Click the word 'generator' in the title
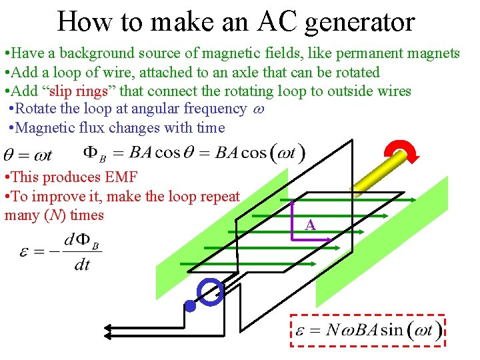click(361, 23)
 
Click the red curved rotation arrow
click(405, 150)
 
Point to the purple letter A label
click(310, 225)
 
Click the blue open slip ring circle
click(211, 292)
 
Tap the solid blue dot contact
click(190, 307)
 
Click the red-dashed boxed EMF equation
click(367, 330)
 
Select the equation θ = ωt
click(28, 155)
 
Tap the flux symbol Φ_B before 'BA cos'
click(94, 154)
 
